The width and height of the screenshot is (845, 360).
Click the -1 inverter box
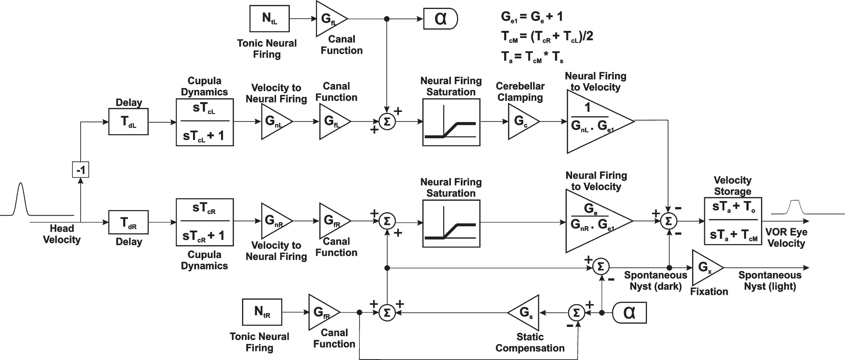pos(80,170)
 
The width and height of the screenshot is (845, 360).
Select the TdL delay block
pos(128,121)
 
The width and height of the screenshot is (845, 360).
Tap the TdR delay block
pos(128,222)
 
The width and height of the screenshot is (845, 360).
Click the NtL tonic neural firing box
pos(269,19)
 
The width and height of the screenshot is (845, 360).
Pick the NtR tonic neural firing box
pos(262,312)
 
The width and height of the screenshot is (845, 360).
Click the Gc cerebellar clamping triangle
pos(523,121)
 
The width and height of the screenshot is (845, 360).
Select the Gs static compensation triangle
pos(523,312)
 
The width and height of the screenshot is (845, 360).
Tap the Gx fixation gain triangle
pos(707,268)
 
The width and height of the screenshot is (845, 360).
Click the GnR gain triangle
pos(277,221)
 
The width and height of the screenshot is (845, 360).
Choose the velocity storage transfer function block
pos(733,221)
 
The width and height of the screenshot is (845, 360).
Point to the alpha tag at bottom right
pos(629,313)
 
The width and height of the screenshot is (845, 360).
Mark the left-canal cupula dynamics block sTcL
pos(205,122)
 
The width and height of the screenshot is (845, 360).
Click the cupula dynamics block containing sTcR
pos(205,222)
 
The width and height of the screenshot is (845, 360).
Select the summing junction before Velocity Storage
pos(669,221)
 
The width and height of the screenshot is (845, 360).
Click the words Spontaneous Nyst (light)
pos(770,281)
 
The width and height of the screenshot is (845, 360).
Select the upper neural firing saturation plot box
pos(451,122)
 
